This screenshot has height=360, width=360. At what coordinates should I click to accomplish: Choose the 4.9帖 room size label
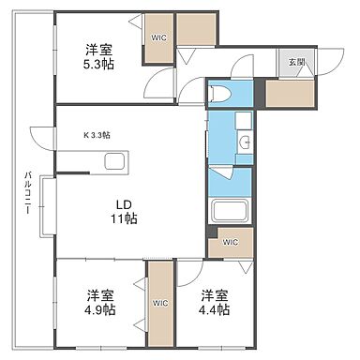point(97,302)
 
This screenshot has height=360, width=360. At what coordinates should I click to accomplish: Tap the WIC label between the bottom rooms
point(160,302)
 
